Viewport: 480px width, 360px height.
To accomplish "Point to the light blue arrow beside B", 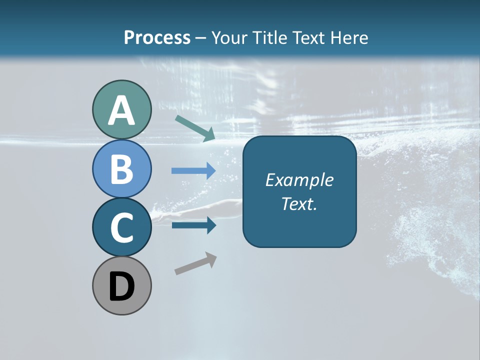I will click(x=193, y=170).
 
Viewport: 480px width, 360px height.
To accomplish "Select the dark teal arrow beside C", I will click(x=193, y=225).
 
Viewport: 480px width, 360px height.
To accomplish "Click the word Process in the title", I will click(x=157, y=37).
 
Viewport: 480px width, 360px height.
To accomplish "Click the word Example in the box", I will click(x=299, y=180).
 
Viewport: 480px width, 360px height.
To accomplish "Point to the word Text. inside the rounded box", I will click(x=299, y=203).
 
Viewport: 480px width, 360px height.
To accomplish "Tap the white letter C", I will click(x=121, y=227).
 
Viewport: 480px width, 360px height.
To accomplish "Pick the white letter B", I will click(x=121, y=169).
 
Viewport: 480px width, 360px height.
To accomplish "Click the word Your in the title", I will click(x=229, y=37).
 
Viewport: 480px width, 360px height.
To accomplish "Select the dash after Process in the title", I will click(x=200, y=38).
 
